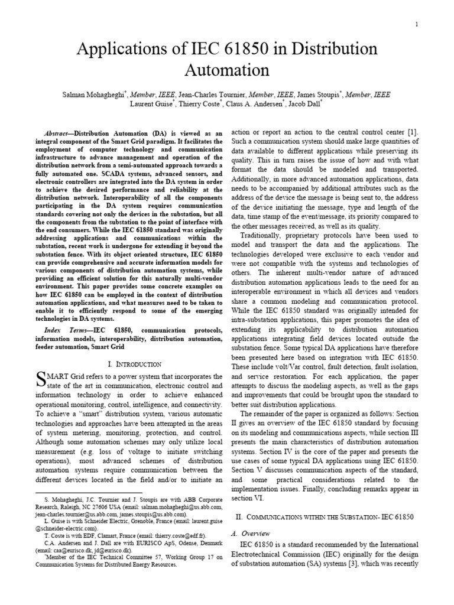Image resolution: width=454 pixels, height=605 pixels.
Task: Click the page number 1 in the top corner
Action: pyautogui.click(x=417, y=24)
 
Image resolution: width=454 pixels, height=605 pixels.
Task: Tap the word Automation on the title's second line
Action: pyautogui.click(x=226, y=70)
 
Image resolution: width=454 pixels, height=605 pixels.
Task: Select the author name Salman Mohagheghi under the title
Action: pyautogui.click(x=95, y=95)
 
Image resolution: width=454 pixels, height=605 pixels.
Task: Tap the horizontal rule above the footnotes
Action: pyautogui.click(x=89, y=492)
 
